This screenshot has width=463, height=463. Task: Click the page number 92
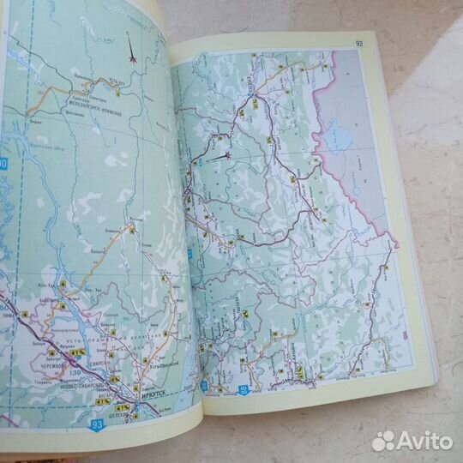pyautogui.click(x=359, y=45)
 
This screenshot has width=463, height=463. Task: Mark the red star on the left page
pyautogui.click(x=134, y=58)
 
